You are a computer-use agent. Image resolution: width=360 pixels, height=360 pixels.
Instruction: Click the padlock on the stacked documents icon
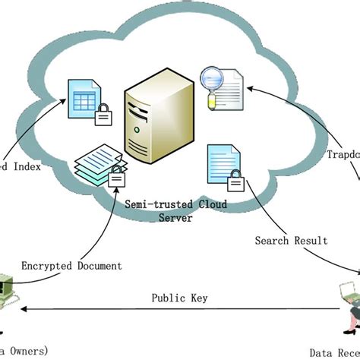(116, 178)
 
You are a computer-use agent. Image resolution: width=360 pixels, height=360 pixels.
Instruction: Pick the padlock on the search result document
(235, 182)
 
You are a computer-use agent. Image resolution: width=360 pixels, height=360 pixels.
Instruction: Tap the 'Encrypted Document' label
(71, 266)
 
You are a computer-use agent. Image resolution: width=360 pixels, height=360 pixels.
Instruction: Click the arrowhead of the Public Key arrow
(26, 310)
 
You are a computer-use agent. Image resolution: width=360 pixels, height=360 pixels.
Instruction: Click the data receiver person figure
(349, 304)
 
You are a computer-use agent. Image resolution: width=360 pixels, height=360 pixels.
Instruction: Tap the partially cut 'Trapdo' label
(343, 155)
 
